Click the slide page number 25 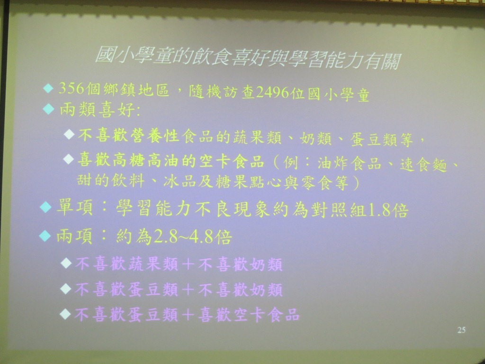(x=461, y=330)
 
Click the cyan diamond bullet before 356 (x=48, y=89)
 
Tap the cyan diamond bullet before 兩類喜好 (x=49, y=109)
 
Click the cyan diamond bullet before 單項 (x=46, y=207)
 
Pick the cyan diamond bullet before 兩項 (x=45, y=236)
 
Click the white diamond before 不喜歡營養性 (x=69, y=134)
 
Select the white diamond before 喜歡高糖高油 (x=68, y=159)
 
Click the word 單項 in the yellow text (x=74, y=208)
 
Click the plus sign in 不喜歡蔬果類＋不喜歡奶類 (x=188, y=264)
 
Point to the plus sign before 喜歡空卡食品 (x=188, y=315)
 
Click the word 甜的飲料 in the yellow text (x=110, y=181)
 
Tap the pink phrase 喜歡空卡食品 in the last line (x=249, y=315)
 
